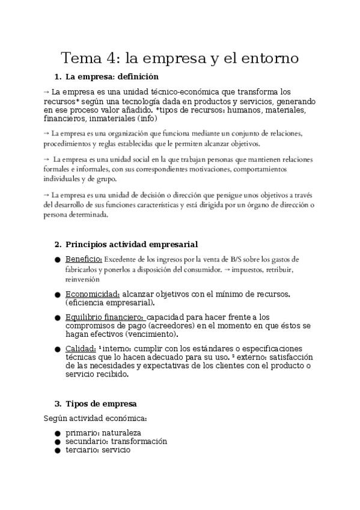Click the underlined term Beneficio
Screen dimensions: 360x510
pos(84,259)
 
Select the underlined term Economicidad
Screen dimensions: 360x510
pos(92,293)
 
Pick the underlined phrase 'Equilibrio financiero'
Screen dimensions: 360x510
pos(105,317)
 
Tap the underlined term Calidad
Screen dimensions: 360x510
pos(80,349)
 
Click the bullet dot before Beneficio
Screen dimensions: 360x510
pos(56,260)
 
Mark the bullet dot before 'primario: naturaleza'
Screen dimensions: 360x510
pos(56,433)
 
